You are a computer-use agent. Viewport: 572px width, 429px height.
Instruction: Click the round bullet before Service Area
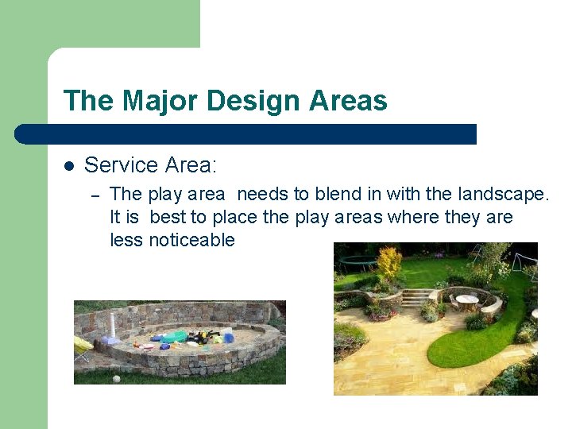pyautogui.click(x=69, y=166)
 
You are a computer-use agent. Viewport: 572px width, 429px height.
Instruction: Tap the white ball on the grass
pyautogui.click(x=116, y=379)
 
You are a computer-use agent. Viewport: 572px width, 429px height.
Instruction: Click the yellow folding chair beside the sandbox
pyautogui.click(x=83, y=346)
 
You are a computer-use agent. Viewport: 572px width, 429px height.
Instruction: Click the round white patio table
pyautogui.click(x=467, y=300)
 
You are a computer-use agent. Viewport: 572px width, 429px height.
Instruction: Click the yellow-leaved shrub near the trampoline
pyautogui.click(x=388, y=261)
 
